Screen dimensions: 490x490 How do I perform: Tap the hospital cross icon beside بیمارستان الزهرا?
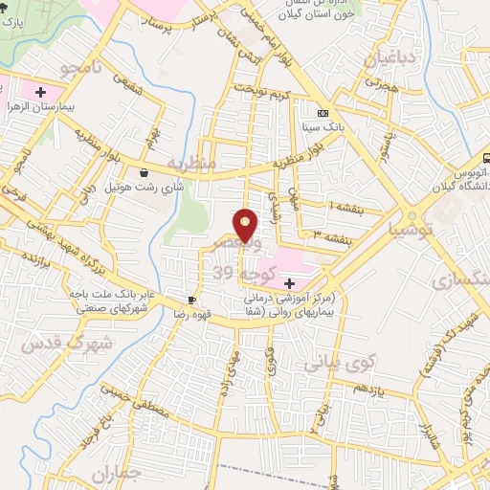41,92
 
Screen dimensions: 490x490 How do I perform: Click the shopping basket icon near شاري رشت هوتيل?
144,173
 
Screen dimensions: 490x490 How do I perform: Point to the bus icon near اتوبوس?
484,156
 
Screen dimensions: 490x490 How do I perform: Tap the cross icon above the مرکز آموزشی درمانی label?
289,283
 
